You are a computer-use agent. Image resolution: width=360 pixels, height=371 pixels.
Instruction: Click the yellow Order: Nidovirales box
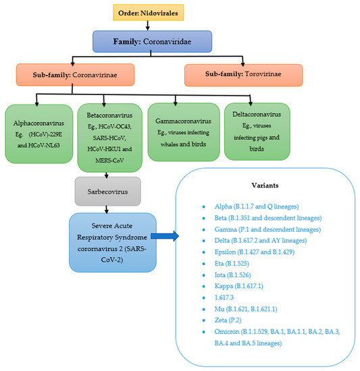[167, 12]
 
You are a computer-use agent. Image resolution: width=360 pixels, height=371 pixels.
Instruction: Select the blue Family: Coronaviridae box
[167, 40]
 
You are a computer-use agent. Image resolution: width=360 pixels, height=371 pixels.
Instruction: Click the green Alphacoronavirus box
[38, 130]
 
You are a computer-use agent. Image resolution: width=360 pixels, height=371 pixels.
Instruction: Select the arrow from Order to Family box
[167, 26]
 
